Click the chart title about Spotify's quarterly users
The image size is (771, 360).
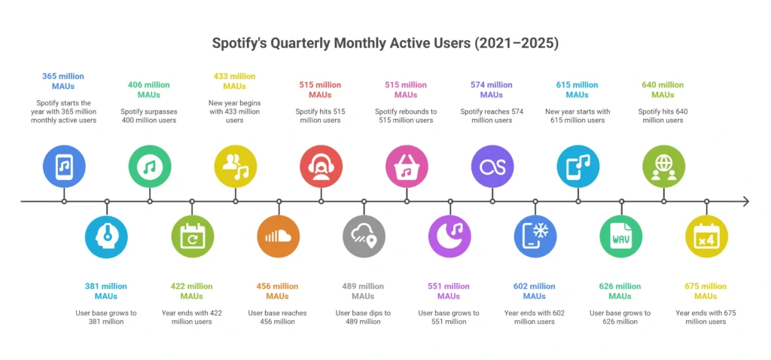coord(385,43)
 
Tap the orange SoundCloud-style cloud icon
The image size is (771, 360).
coord(279,236)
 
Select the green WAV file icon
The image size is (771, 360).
coord(621,236)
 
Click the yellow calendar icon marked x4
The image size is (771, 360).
coord(706,236)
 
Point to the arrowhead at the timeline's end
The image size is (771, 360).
coord(745,201)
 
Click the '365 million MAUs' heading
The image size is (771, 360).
coord(63,81)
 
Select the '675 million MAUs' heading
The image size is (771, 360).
coord(705,291)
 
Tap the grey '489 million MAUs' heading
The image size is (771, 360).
coord(364,291)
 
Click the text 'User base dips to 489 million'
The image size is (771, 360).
coord(364,317)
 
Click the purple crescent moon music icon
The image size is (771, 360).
coord(449,236)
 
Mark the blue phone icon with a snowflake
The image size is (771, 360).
coord(535,236)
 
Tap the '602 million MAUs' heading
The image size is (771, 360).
coord(535,291)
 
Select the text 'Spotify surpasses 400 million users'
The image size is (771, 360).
coord(149,116)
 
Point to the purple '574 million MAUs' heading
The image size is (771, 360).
coord(492,90)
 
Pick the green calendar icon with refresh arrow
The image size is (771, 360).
coord(193,236)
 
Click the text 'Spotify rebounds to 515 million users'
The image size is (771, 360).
coord(406,116)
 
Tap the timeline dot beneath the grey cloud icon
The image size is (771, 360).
coord(364,201)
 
